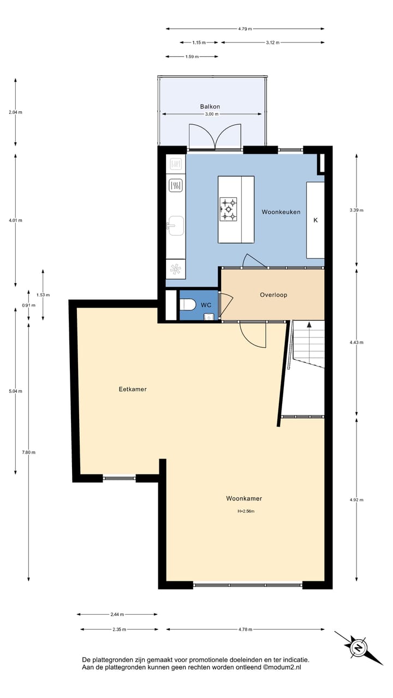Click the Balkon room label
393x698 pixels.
210,107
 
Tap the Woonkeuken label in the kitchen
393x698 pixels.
281,212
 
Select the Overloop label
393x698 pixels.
273,295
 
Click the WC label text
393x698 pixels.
206,305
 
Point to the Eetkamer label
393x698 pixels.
133,389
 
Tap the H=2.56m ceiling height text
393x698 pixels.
246,512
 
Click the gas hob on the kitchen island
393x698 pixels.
229,209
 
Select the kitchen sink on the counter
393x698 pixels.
176,225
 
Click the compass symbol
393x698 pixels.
359,648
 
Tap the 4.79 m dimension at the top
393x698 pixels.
245,29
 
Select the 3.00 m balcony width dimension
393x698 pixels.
211,115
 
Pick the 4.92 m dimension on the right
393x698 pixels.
356,500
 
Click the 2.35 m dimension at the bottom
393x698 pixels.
119,629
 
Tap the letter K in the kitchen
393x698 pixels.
315,220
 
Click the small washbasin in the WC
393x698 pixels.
207,316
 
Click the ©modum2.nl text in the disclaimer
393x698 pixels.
282,667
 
